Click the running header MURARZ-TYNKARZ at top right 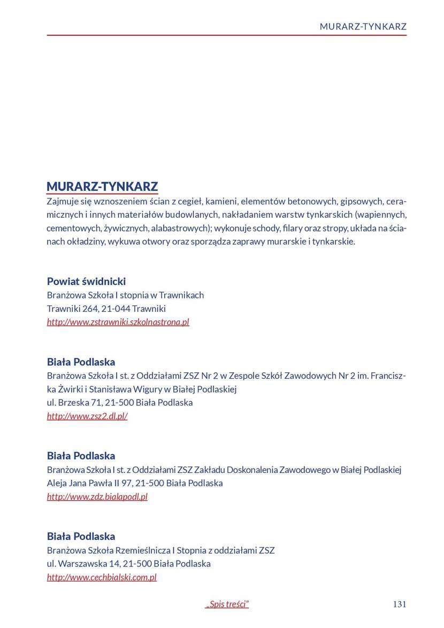[363, 26]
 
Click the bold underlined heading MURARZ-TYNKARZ [102, 186]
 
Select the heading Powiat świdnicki [86, 281]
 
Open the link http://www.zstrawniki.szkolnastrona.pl [118, 322]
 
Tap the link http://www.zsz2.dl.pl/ [87, 416]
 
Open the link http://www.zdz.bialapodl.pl [97, 496]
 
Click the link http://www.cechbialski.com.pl [102, 577]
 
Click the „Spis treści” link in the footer [227, 604]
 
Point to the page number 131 [399, 604]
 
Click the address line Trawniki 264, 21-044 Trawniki [106, 309]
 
